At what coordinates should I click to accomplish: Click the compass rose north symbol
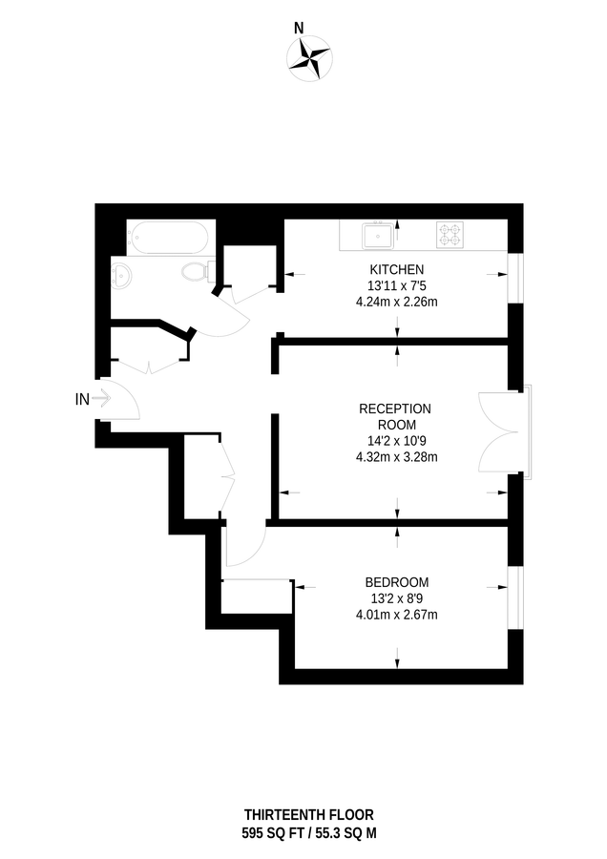point(308,57)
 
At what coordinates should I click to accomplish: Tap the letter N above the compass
point(299,29)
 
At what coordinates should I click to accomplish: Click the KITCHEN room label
point(396,270)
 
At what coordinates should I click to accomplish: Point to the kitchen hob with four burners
point(450,234)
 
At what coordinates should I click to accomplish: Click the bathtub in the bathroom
point(166,237)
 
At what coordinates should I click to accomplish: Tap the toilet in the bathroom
point(196,271)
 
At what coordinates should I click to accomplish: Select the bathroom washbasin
point(120,277)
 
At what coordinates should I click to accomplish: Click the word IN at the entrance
point(82,400)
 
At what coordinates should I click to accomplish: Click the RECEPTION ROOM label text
point(395,416)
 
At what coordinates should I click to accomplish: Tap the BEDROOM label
point(396,582)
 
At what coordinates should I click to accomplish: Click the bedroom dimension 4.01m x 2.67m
point(396,614)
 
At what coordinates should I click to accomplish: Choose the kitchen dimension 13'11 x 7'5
point(396,285)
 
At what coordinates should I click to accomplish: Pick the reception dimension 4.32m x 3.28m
point(395,456)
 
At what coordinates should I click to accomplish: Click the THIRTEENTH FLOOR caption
point(308,814)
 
